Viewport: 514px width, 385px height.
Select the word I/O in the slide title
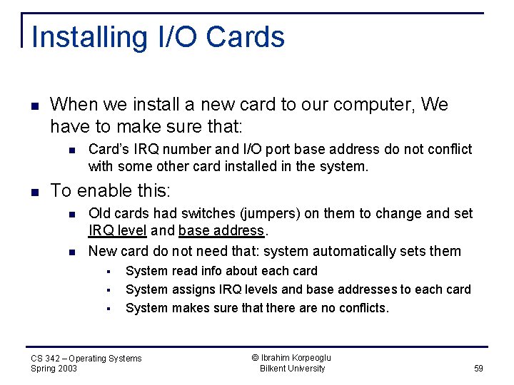(173, 37)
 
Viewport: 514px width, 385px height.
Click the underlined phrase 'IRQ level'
(118, 230)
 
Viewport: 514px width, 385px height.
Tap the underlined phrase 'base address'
(221, 230)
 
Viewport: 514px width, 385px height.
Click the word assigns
(189, 289)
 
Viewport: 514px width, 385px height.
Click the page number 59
(478, 369)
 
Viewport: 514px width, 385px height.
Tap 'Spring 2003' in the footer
(54, 369)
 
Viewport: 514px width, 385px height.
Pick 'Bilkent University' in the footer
(292, 369)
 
